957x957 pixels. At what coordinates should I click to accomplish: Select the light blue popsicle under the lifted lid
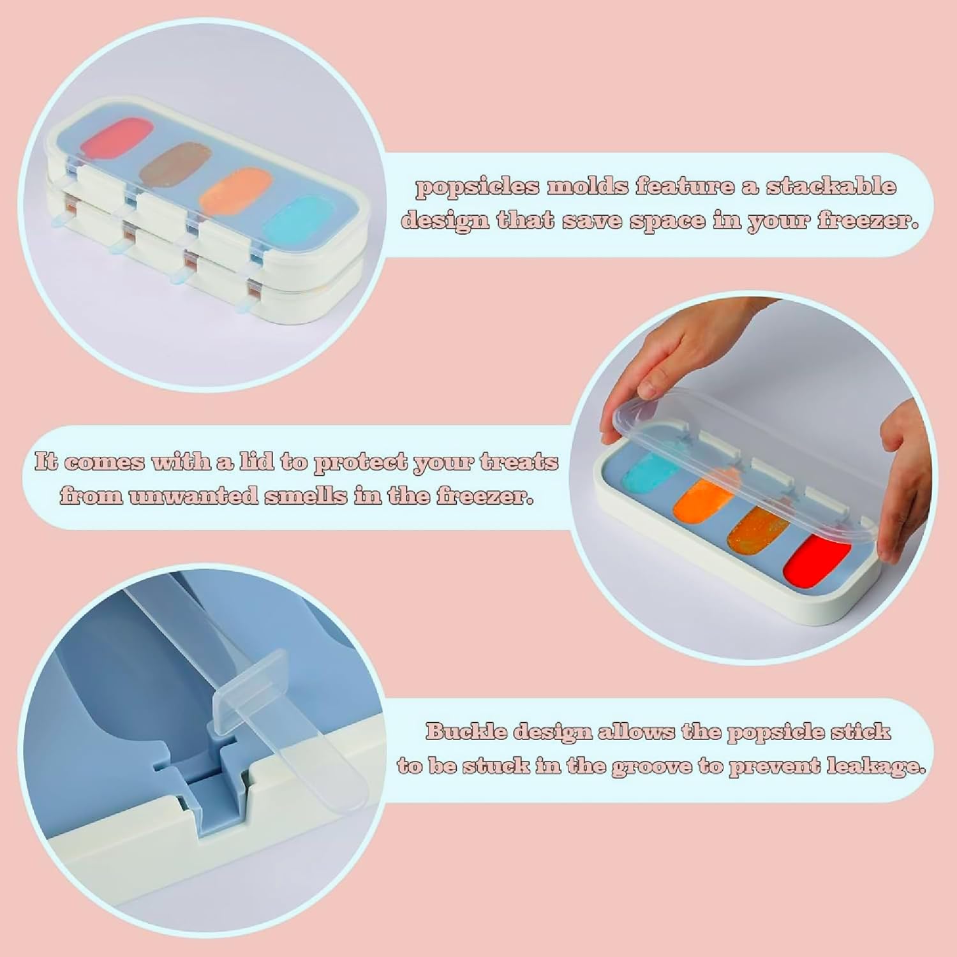[653, 473]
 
